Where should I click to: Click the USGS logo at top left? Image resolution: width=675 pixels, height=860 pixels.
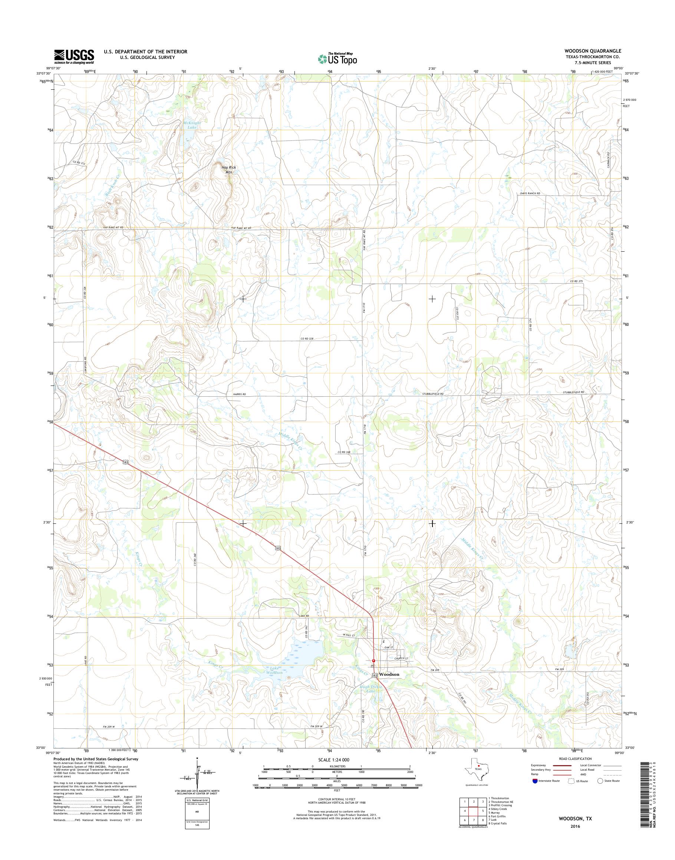click(x=74, y=56)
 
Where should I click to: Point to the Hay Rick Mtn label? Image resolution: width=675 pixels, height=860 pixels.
click(x=228, y=169)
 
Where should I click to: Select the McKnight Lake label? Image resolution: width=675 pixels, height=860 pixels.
click(x=192, y=125)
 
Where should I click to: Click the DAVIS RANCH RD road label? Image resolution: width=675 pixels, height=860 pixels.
click(x=530, y=193)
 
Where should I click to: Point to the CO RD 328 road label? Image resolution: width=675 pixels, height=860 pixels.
click(x=307, y=338)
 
